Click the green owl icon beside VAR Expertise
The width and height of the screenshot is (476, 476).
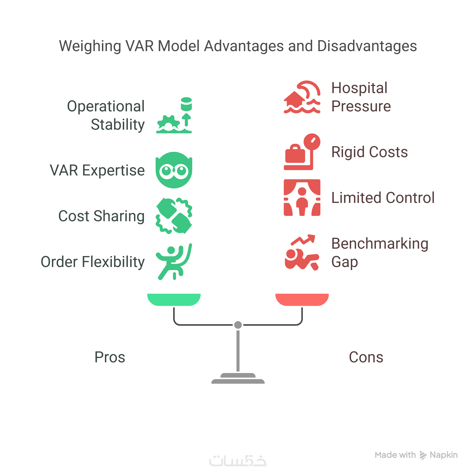tap(174, 170)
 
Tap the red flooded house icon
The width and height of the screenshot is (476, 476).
tap(302, 97)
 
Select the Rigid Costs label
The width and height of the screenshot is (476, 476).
tap(369, 152)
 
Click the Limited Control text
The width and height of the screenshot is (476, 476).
tap(383, 198)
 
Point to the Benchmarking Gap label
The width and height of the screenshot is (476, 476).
tap(380, 252)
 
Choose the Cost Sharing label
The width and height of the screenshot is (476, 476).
tap(101, 216)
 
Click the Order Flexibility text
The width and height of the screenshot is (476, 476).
tap(93, 262)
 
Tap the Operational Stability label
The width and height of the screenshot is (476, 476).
tap(106, 115)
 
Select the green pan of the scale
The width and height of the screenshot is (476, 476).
tap(174, 299)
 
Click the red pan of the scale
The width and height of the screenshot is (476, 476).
tap(302, 299)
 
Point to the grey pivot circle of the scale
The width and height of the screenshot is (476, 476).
tap(238, 325)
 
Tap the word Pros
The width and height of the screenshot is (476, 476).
tap(110, 357)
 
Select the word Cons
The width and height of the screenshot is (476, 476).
tap(366, 357)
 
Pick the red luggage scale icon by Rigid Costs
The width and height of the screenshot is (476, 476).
tap(302, 152)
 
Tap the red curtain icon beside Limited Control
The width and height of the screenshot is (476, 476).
tap(302, 198)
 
